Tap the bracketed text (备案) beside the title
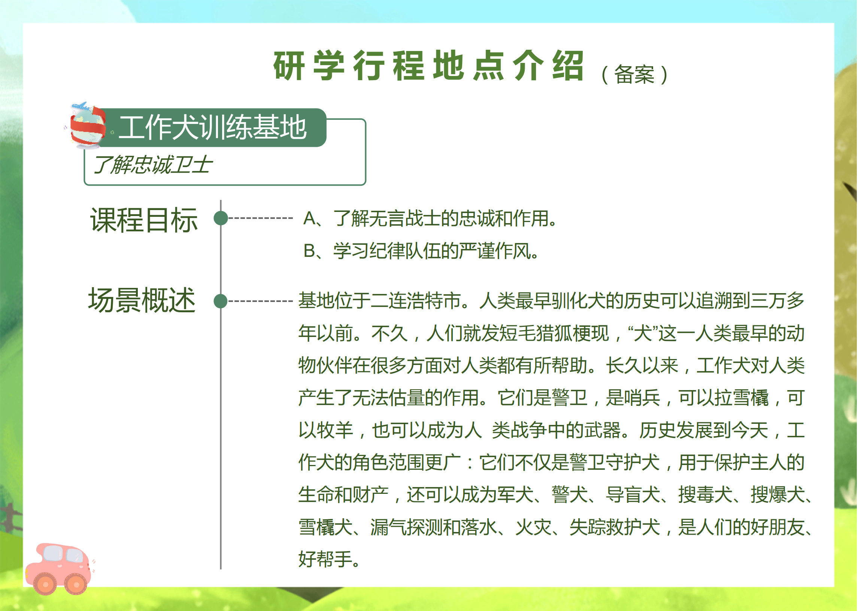coord(635,75)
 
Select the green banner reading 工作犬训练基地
coord(213,128)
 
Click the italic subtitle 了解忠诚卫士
coord(153,165)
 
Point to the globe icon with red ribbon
coord(88,126)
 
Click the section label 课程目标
coord(144,220)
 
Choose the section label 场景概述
coord(142,300)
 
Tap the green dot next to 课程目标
coord(221,218)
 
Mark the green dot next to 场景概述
coord(221,301)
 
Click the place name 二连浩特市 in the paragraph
coord(416,301)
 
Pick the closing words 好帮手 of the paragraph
coord(325,559)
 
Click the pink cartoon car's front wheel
coord(77,584)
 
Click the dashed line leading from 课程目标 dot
coord(261,218)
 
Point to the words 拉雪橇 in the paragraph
coord(742,398)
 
